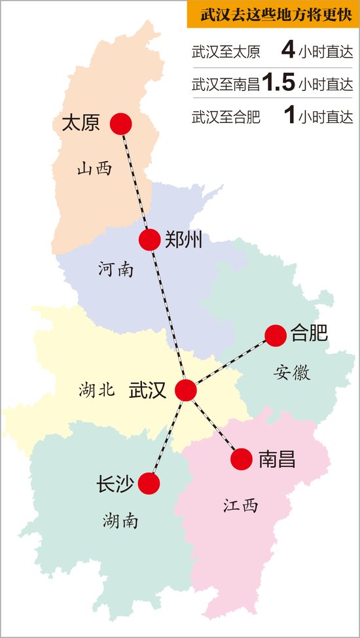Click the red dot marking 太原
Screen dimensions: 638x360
(121, 123)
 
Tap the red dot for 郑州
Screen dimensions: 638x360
(150, 239)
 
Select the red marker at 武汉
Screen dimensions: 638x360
(186, 390)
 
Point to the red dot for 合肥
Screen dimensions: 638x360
(276, 335)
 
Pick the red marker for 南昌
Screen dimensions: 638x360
(242, 459)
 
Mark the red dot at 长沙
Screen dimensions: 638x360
(149, 484)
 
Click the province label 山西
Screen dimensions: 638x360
(94, 169)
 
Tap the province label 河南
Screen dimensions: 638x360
(116, 269)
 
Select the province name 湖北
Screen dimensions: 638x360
(97, 391)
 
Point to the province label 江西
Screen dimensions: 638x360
(240, 505)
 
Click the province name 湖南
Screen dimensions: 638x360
(120, 521)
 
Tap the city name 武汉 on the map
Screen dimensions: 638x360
(147, 390)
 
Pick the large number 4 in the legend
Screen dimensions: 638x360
(288, 50)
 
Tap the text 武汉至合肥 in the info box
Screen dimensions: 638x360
(226, 117)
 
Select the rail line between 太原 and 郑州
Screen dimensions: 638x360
(135, 181)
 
